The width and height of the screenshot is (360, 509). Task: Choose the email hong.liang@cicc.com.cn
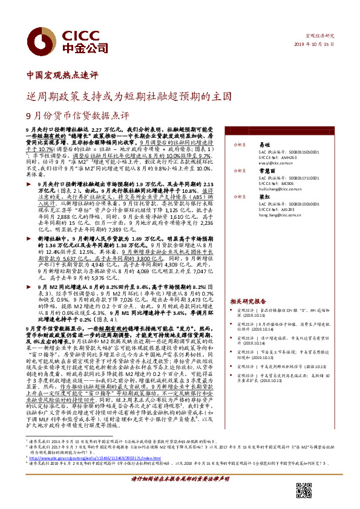click(280, 215)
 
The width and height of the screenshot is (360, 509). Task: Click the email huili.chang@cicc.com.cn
click(280, 189)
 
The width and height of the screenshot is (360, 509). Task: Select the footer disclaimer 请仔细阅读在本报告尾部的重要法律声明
click(180, 494)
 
